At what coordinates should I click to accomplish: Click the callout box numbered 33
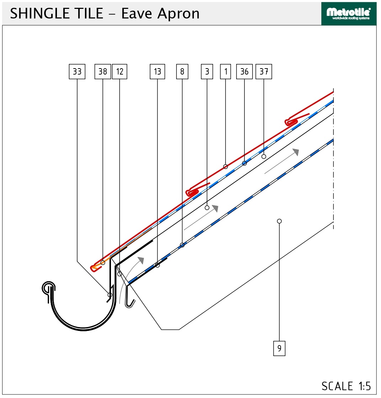(x=77, y=72)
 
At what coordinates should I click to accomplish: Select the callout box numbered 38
(x=103, y=72)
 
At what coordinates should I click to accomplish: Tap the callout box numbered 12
(x=120, y=72)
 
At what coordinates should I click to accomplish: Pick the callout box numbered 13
(x=158, y=72)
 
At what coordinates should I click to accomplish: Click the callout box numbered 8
(x=182, y=72)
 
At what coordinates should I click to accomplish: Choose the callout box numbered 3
(x=207, y=72)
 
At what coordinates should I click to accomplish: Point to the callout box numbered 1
(x=226, y=72)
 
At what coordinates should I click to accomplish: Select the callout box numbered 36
(x=244, y=72)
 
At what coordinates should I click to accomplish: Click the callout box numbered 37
(x=264, y=72)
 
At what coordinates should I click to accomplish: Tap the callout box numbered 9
(x=279, y=349)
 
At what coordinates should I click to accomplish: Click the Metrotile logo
(x=349, y=14)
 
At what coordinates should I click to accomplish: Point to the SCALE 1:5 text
(x=346, y=386)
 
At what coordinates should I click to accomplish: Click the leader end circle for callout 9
(x=279, y=221)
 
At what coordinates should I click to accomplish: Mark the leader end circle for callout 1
(x=226, y=167)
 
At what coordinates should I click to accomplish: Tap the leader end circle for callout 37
(x=264, y=157)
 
